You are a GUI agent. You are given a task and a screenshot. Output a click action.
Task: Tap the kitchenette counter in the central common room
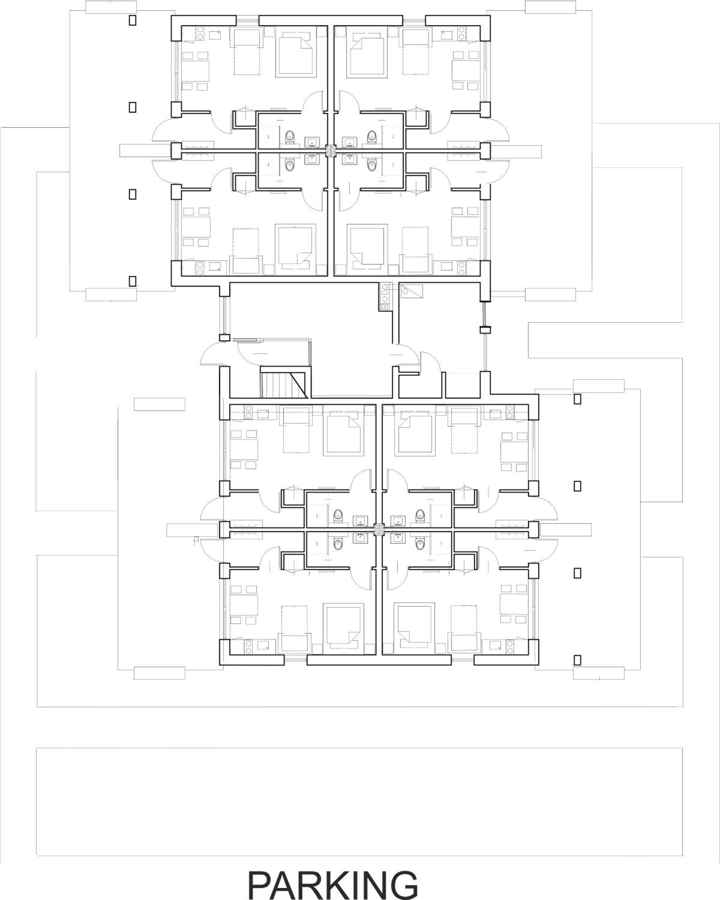384,296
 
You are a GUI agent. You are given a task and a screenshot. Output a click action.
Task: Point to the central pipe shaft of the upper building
331,150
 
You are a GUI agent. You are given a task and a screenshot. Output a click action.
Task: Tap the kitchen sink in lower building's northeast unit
495,414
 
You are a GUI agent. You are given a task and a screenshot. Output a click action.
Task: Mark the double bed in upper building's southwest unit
295,245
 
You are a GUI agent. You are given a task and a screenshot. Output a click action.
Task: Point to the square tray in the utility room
412,291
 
